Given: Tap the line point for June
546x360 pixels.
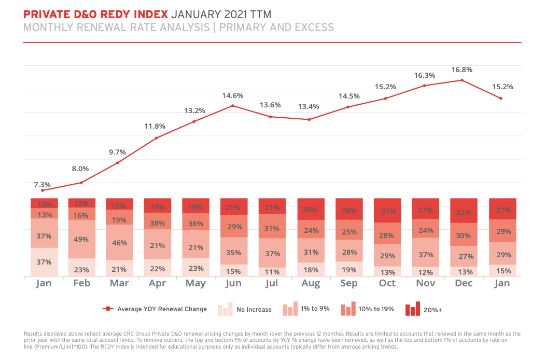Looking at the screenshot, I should click(x=233, y=106).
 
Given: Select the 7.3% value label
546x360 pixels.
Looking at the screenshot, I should click(x=43, y=185).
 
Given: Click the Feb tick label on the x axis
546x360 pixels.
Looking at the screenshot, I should click(x=82, y=283).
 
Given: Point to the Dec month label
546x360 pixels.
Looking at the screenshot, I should click(x=464, y=283).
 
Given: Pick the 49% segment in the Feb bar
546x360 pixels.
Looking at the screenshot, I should click(x=82, y=239).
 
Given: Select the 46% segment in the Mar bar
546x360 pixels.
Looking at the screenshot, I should click(x=120, y=242).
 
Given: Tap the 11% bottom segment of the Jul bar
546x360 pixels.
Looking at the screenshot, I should click(x=272, y=271).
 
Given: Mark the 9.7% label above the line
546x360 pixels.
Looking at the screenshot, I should click(x=117, y=152).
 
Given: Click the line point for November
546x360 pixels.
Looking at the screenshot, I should click(x=424, y=85).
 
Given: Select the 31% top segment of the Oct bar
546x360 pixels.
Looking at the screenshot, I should click(x=387, y=211).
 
